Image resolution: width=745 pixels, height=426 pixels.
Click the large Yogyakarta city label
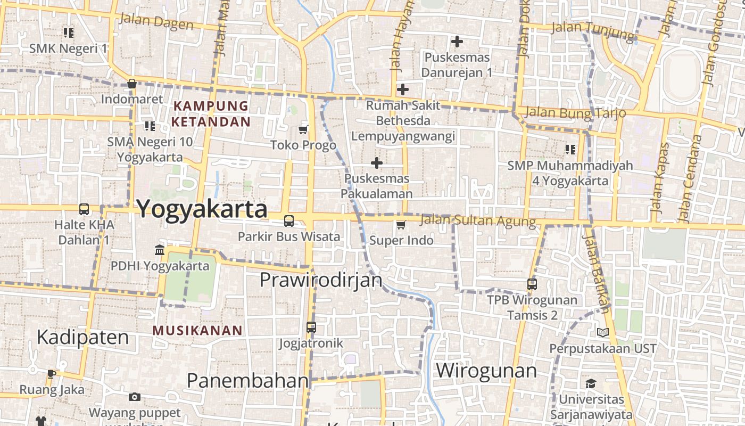[x=202, y=209]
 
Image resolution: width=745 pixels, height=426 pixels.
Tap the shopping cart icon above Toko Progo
[x=303, y=129]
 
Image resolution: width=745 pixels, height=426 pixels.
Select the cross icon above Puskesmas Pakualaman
[x=377, y=162]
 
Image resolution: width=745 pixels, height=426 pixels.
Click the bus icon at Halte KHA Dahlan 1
[x=84, y=209]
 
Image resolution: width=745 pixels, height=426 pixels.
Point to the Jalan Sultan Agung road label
[x=477, y=220]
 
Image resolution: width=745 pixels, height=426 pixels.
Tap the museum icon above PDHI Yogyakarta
[x=159, y=250]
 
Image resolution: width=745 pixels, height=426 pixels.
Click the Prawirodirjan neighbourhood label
[x=321, y=280]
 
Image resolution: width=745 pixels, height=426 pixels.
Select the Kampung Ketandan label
[x=211, y=113]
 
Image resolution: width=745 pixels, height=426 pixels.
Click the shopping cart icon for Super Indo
[x=401, y=225]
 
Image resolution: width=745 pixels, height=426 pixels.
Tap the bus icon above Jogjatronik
[x=311, y=327]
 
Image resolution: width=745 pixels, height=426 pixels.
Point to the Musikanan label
[x=197, y=330]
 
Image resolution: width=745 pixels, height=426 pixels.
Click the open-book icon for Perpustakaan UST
[x=602, y=333]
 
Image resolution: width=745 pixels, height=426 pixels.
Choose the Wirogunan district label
[x=486, y=370]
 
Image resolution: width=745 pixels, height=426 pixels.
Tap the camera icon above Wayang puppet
[x=135, y=397]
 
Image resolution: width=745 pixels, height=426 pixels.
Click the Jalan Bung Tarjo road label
[x=575, y=113]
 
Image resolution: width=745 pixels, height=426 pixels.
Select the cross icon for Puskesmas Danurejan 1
[x=457, y=41]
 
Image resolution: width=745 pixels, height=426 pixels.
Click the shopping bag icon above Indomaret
[x=132, y=84]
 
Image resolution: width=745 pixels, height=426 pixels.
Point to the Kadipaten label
[x=82, y=337]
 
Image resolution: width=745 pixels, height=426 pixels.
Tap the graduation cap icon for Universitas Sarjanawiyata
[x=591, y=383]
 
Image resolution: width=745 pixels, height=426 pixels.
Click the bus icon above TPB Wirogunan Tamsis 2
[x=532, y=284]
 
